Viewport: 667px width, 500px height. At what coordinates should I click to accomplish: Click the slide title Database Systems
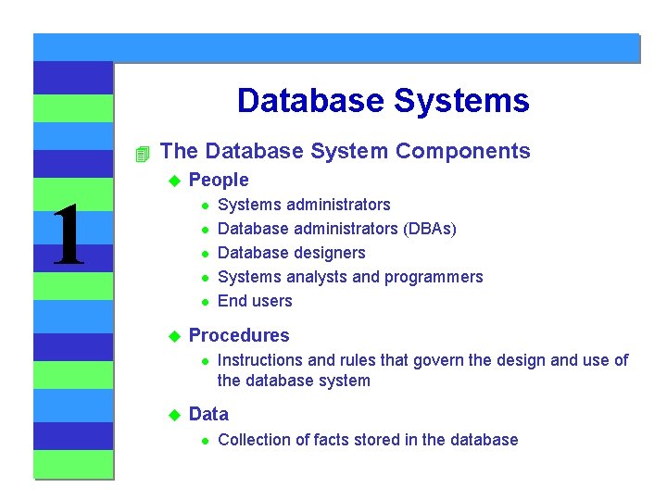pyautogui.click(x=383, y=100)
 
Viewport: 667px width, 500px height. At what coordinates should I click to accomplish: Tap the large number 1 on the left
pyautogui.click(x=68, y=237)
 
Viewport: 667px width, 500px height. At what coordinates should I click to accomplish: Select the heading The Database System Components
pyautogui.click(x=345, y=151)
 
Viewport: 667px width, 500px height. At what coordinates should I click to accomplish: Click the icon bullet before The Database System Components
pyautogui.click(x=141, y=152)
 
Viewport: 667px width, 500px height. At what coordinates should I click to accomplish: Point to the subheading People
pyautogui.click(x=219, y=180)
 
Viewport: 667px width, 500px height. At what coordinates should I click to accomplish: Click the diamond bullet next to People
pyautogui.click(x=171, y=181)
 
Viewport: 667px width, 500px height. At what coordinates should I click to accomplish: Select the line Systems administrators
pyautogui.click(x=303, y=205)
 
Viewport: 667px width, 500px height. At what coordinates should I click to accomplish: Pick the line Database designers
pyautogui.click(x=291, y=253)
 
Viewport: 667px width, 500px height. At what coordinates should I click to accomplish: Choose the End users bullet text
pyautogui.click(x=254, y=301)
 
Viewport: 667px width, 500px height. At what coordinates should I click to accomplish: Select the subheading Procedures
pyautogui.click(x=238, y=335)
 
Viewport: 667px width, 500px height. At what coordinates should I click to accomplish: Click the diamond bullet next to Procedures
pyautogui.click(x=171, y=336)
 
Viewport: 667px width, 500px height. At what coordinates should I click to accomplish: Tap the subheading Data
pyautogui.click(x=208, y=414)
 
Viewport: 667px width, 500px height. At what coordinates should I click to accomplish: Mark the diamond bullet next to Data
pyautogui.click(x=171, y=415)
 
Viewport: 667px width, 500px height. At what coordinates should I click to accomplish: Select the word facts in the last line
pyautogui.click(x=311, y=440)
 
